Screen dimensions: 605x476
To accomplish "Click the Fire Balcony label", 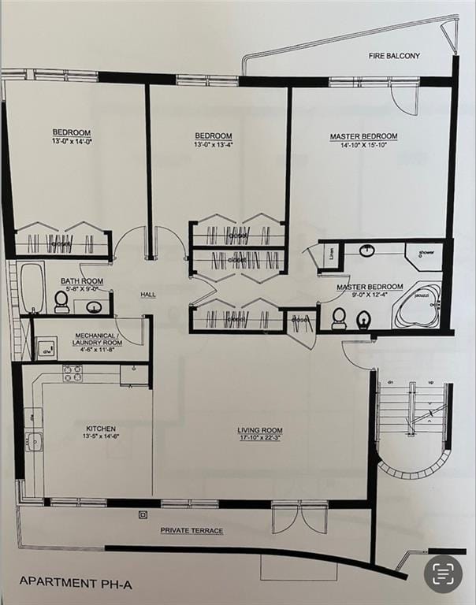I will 394,56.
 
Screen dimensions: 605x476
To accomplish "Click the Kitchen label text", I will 100,429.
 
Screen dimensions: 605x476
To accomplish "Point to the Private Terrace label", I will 192,531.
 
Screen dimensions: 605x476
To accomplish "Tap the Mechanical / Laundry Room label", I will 97,339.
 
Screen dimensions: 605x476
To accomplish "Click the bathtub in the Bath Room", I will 32,288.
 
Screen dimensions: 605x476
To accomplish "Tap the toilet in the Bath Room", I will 61,301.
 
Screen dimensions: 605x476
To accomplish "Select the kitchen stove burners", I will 73,373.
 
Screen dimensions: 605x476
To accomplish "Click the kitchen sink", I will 34,441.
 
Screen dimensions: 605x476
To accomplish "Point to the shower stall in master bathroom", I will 424,255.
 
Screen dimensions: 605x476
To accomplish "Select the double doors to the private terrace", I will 299,516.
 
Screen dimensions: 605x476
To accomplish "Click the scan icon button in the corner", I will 443,573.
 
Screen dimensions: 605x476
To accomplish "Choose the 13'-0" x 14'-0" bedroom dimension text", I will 72,141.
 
